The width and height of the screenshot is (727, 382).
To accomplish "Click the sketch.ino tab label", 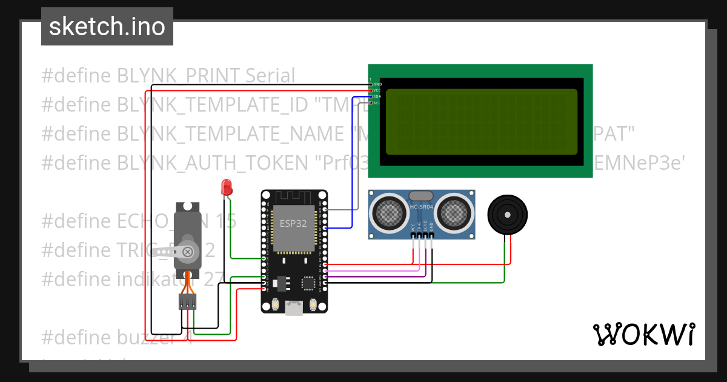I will click(x=107, y=27).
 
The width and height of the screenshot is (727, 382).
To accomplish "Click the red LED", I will click(x=227, y=187).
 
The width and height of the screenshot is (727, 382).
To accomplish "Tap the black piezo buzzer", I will click(x=508, y=214).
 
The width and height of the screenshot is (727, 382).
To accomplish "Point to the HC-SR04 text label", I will click(x=422, y=207).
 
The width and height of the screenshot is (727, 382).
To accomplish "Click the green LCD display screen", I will click(x=482, y=121).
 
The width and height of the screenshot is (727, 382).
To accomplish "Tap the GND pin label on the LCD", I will click(x=377, y=84).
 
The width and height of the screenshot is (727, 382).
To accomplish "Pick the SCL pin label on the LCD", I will click(x=377, y=102).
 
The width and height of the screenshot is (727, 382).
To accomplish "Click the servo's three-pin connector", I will click(x=187, y=301).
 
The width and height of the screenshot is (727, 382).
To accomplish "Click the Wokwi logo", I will click(x=643, y=334).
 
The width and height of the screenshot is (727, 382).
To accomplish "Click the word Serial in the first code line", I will click(x=270, y=76).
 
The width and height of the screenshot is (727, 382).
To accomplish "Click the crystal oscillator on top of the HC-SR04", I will click(x=421, y=195).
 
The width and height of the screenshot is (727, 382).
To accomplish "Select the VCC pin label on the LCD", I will click(x=377, y=90).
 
